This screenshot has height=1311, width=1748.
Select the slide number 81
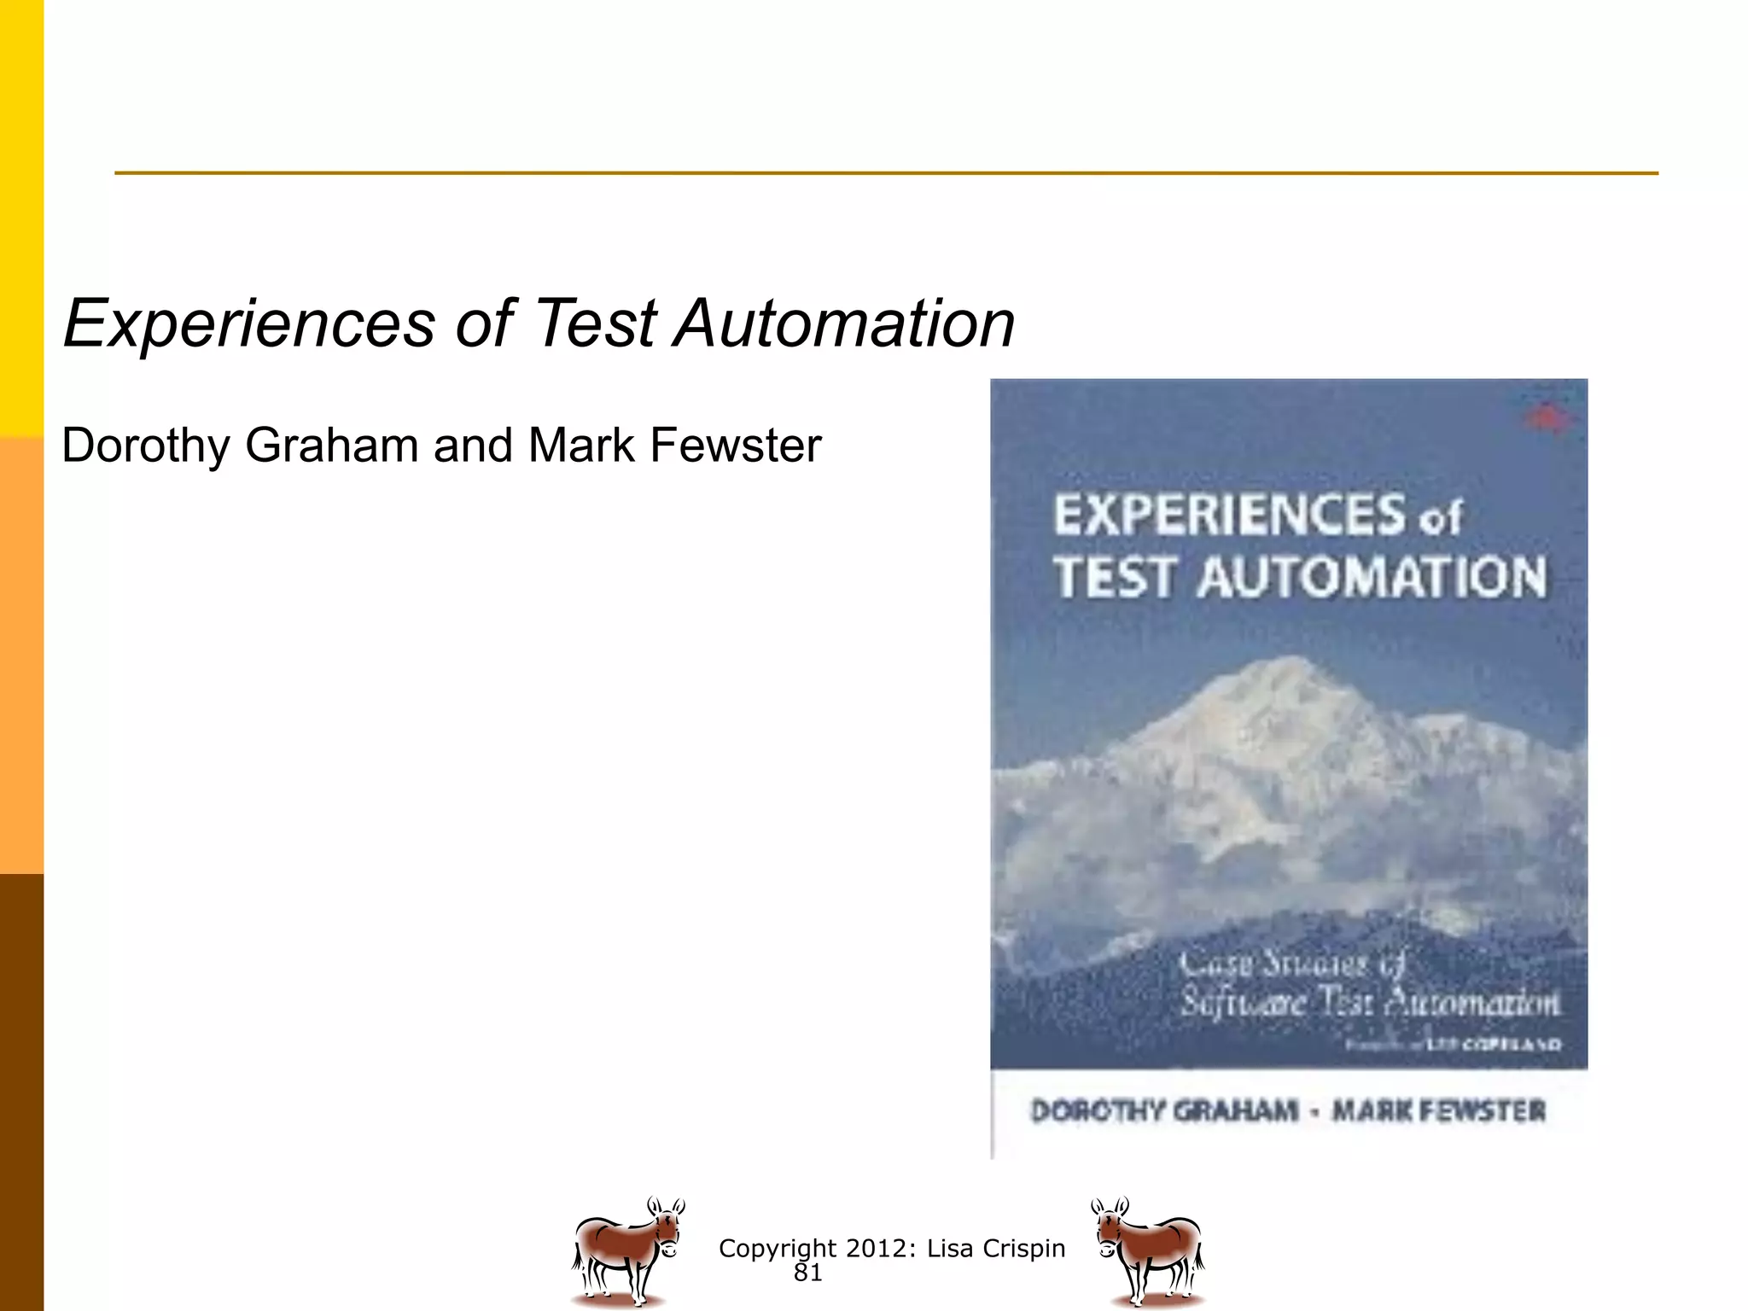pyautogui.click(x=807, y=1273)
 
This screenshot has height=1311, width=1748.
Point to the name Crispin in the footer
pyautogui.click(x=1023, y=1248)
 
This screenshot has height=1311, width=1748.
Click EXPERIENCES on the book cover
pyautogui.click(x=1229, y=515)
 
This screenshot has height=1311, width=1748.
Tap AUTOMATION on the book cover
pyautogui.click(x=1372, y=577)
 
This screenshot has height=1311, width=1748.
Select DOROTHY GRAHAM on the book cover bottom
pyautogui.click(x=1164, y=1110)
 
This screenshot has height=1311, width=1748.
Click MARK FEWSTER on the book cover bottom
pyautogui.click(x=1439, y=1110)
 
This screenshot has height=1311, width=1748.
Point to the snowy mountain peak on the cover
pyautogui.click(x=1289, y=683)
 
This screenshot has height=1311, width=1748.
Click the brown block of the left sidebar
pyautogui.click(x=21, y=1092)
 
